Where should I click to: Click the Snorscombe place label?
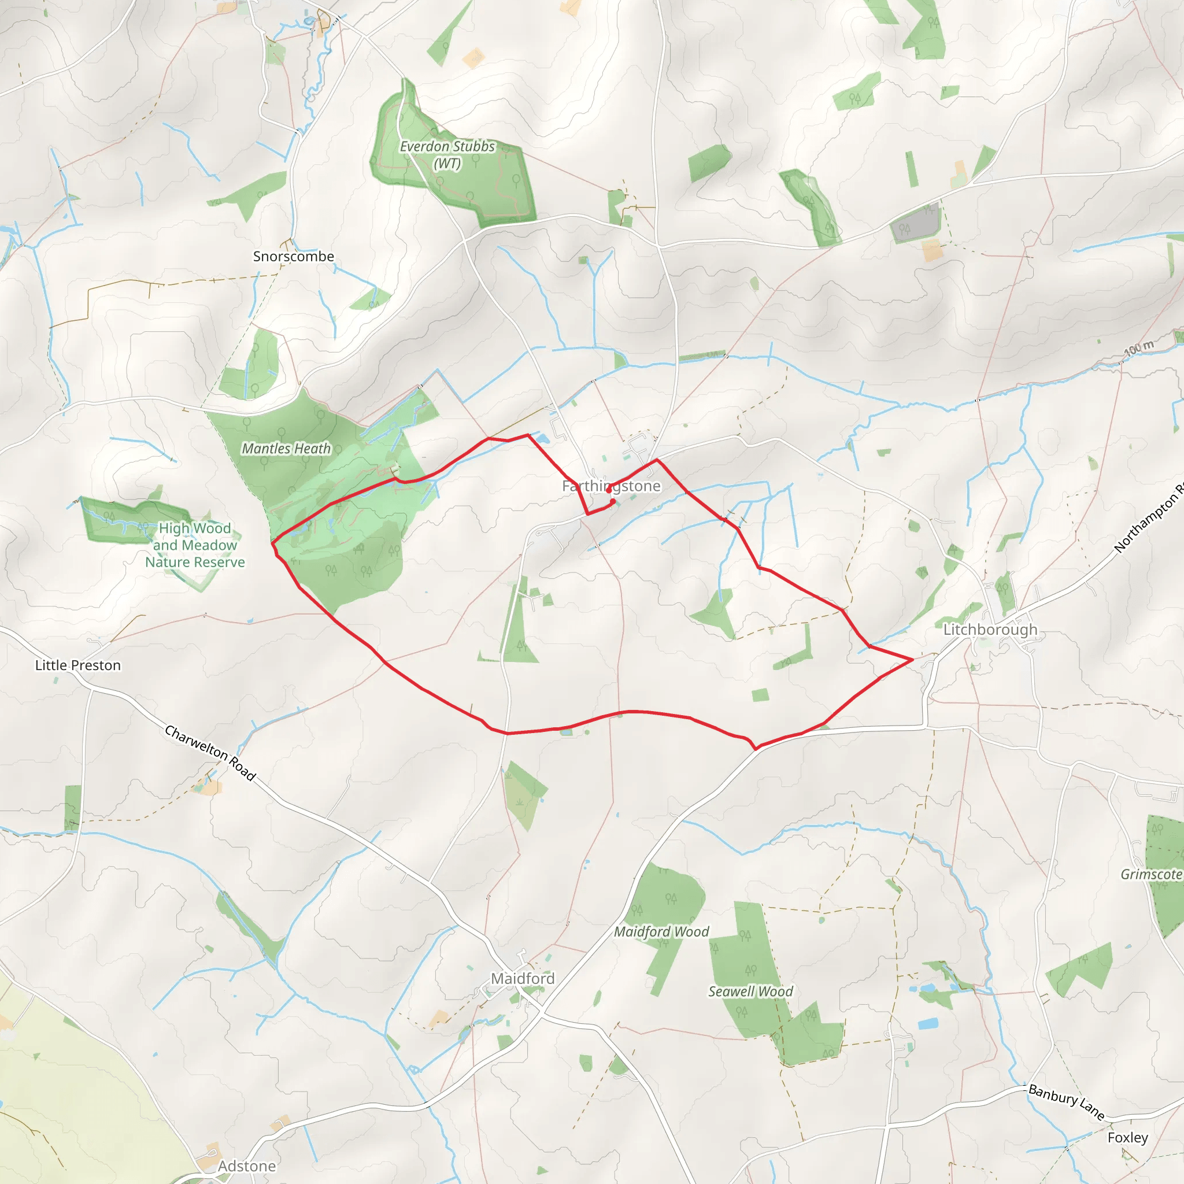(294, 257)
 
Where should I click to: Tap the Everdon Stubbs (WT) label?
(447, 155)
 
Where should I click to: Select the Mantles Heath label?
(286, 449)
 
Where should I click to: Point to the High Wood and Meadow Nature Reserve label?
(195, 545)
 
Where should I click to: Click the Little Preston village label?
(78, 665)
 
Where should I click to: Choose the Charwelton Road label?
(210, 753)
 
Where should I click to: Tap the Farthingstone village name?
(611, 486)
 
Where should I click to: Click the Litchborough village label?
(990, 630)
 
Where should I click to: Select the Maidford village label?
(523, 979)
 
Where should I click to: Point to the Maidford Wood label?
(661, 931)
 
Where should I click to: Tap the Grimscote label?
(1151, 875)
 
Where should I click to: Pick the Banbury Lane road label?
(1065, 1101)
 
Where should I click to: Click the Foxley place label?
(1127, 1137)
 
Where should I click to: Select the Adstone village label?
(247, 1166)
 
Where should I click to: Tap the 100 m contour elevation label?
(1139, 347)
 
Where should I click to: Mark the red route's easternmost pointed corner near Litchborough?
(913, 660)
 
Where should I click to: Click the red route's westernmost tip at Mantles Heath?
(272, 542)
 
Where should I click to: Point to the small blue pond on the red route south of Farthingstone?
(566, 732)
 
